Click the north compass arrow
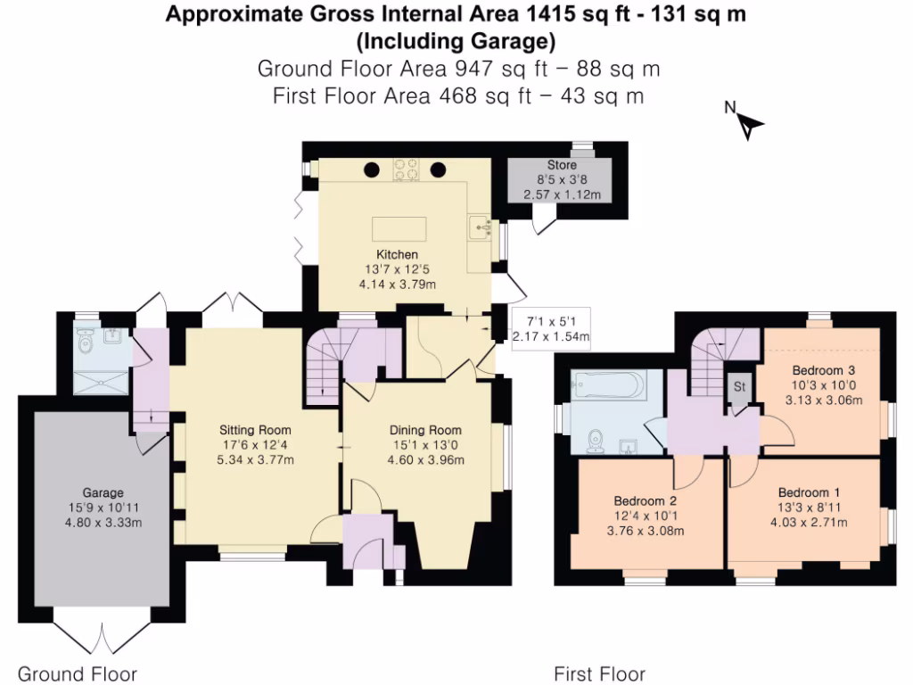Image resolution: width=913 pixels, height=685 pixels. [x=747, y=126]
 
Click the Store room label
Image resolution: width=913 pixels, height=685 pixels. [x=562, y=165]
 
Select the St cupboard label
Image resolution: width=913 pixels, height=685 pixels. [x=739, y=386]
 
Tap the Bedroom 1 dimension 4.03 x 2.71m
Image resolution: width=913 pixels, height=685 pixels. [x=810, y=522]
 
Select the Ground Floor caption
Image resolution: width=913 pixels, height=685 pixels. [x=78, y=673]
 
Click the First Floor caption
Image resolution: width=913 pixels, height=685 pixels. [x=599, y=673]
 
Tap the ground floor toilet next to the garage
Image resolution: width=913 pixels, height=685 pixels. [x=86, y=341]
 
